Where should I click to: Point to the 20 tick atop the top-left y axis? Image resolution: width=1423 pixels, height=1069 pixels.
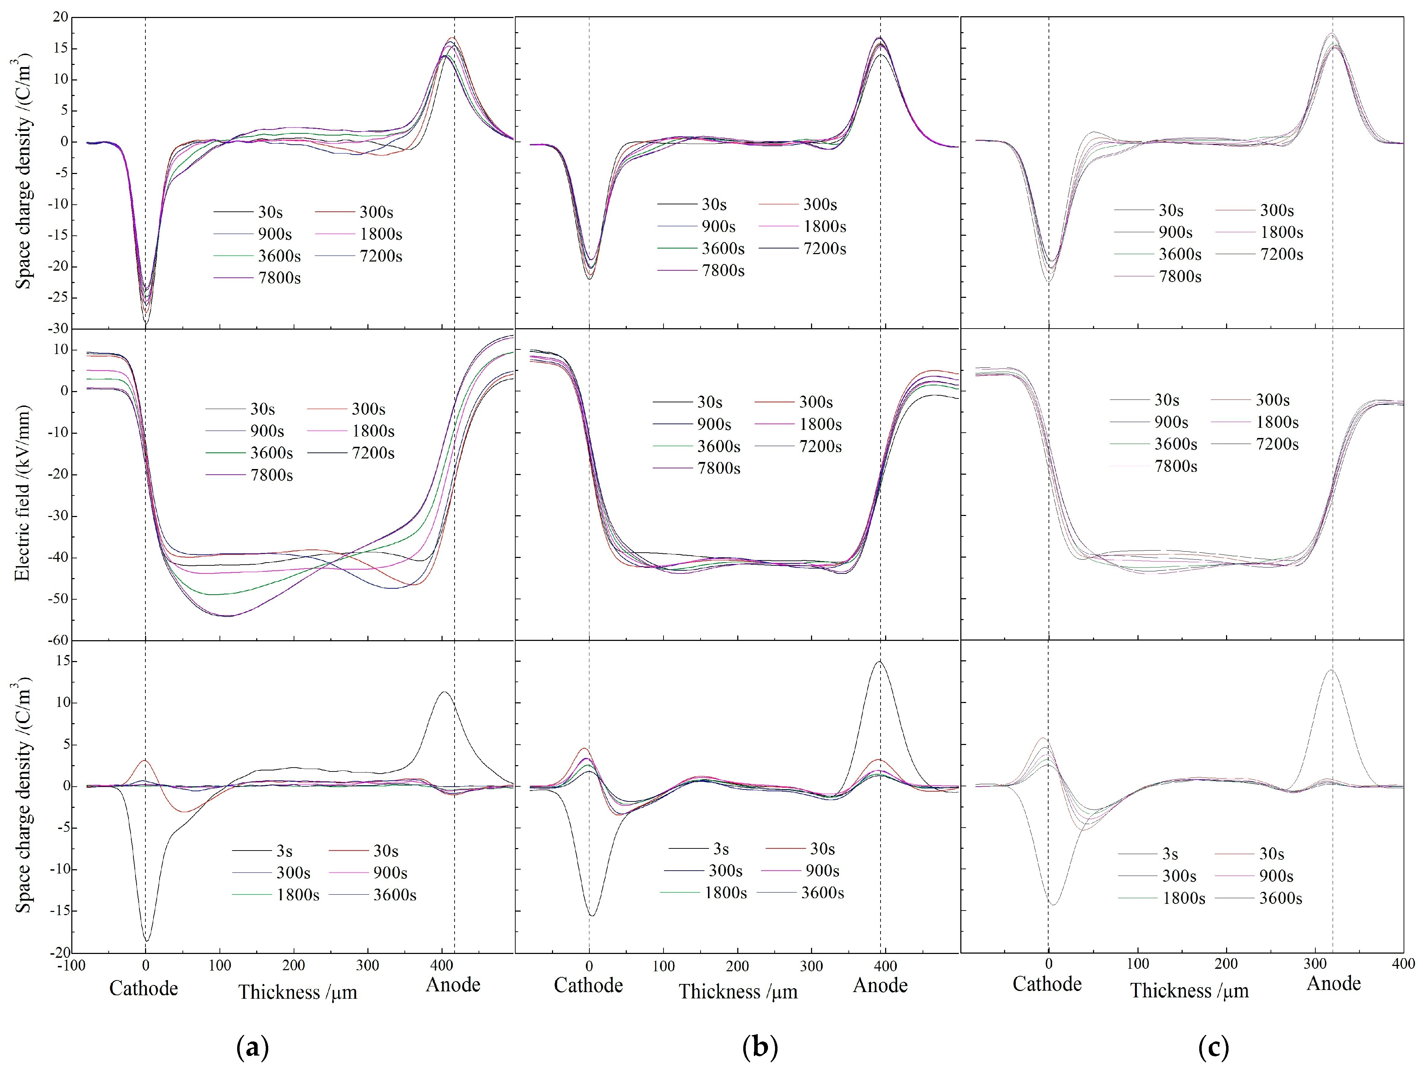click(60, 17)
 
